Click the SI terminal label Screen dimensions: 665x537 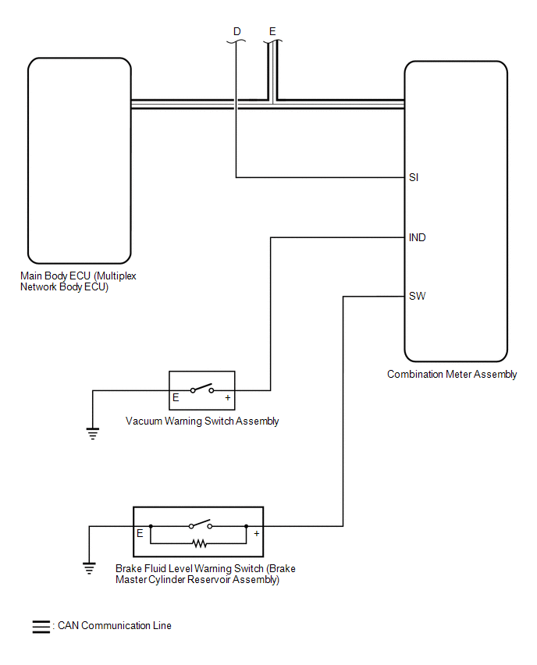tap(414, 178)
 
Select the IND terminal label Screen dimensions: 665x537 tap(418, 237)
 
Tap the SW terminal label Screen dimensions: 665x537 tap(417, 297)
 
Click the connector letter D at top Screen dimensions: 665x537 tap(237, 31)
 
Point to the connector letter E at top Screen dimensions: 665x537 tap(272, 31)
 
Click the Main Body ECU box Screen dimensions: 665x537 tap(79, 160)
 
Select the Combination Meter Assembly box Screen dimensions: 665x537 tap(456, 211)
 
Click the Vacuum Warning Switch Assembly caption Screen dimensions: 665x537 tap(202, 421)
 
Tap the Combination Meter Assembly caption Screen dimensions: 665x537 tap(452, 375)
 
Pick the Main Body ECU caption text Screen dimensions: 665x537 tap(70, 281)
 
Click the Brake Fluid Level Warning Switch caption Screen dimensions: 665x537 tap(205, 574)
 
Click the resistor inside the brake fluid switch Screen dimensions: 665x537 tap(199, 542)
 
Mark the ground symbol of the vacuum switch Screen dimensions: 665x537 tap(93, 434)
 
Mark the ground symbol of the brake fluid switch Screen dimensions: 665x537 tap(90, 567)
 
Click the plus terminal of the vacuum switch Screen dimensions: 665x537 tap(228, 398)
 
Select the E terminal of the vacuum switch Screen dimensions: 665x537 tap(176, 398)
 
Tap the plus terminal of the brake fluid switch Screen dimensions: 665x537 tap(256, 534)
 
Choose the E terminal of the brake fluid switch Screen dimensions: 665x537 tap(140, 534)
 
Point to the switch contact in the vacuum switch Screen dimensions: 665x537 tap(201, 388)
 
